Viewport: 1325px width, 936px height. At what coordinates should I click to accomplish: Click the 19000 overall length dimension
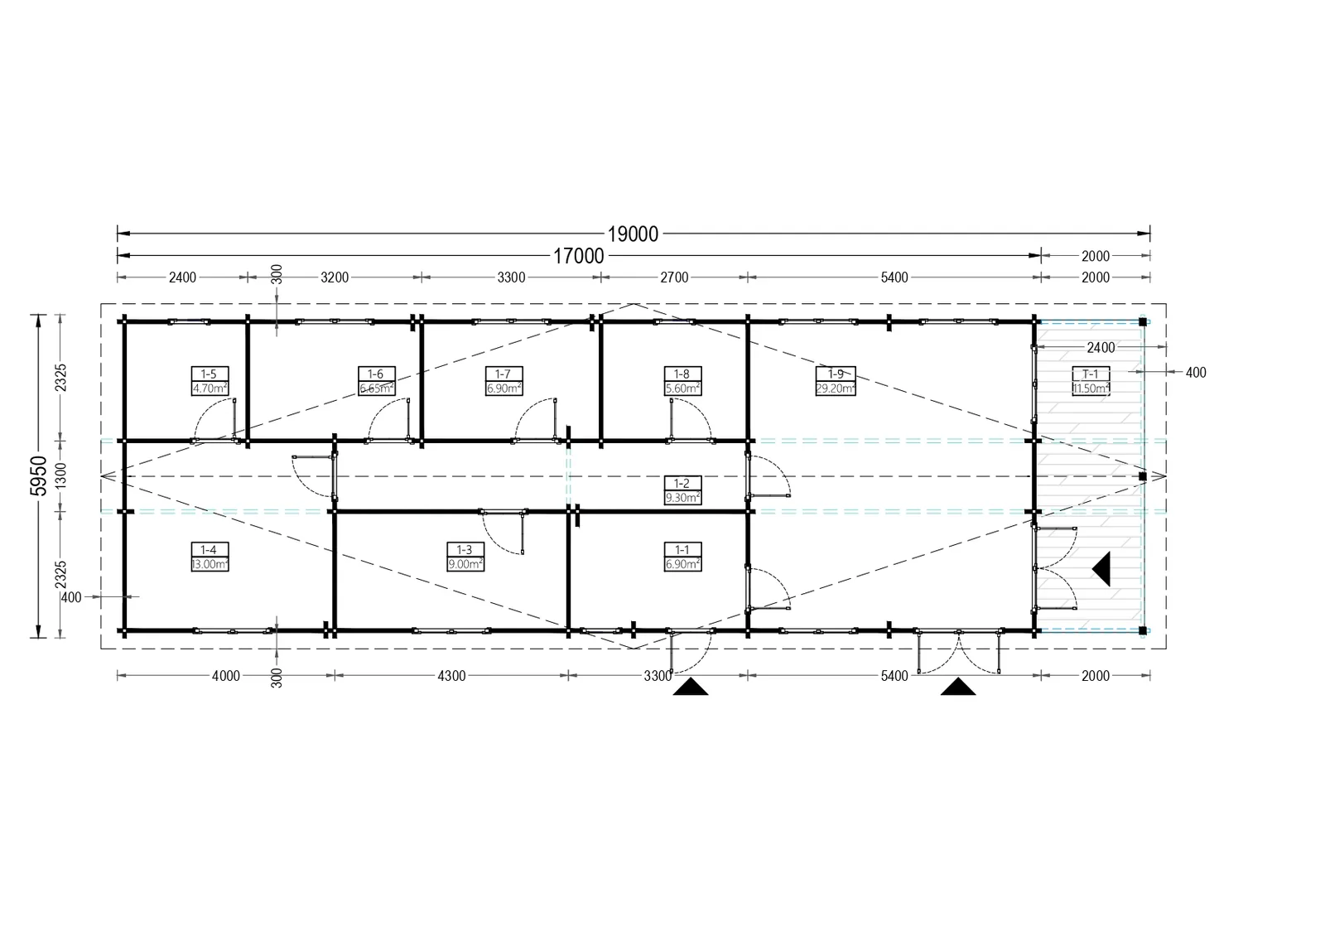[633, 234]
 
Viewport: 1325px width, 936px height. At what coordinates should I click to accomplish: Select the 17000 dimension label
[578, 256]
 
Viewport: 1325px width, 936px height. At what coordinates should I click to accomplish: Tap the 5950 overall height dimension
[39, 475]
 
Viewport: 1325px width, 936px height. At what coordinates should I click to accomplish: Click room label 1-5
[209, 374]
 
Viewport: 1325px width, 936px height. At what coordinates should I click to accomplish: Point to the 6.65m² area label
[376, 388]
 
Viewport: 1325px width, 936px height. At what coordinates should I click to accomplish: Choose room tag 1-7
[503, 374]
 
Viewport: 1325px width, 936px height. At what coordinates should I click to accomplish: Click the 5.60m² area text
[682, 388]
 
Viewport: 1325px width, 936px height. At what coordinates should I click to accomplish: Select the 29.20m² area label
[836, 388]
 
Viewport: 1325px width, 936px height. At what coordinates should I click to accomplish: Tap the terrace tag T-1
[1090, 374]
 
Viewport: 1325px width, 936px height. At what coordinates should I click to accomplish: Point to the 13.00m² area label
[210, 564]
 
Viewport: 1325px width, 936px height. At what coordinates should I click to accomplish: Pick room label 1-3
[465, 550]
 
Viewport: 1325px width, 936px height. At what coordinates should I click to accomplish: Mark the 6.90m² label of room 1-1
[682, 564]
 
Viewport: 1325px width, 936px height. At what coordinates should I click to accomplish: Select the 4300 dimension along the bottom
[451, 676]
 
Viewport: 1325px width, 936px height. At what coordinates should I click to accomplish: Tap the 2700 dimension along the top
[674, 277]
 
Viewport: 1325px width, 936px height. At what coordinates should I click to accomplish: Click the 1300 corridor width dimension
[61, 475]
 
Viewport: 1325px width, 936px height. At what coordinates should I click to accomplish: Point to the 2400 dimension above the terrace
[1101, 348]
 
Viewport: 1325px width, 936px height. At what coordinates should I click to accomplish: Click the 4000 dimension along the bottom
[226, 676]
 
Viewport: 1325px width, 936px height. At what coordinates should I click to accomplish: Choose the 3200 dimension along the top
[335, 277]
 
